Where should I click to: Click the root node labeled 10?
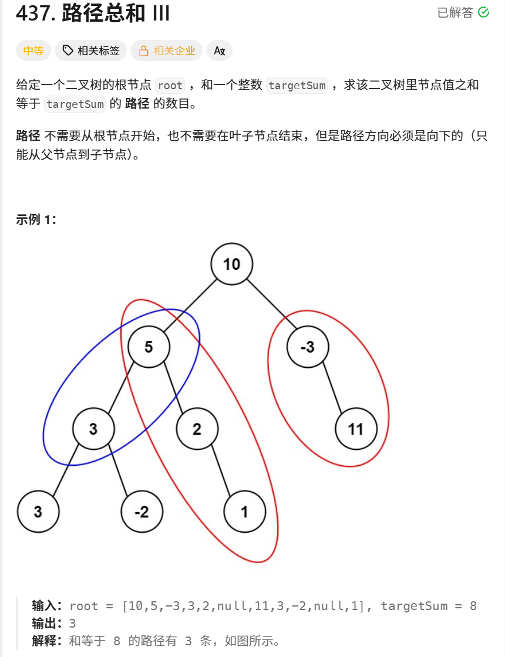coord(232,264)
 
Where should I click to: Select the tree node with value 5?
coord(149,347)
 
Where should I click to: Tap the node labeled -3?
coord(308,347)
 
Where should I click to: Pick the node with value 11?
coord(356,429)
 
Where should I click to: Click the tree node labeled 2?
coord(197,429)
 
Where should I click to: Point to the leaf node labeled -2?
coord(142,512)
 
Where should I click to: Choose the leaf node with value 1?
coord(244,512)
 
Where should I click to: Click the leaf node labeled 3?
coord(38,512)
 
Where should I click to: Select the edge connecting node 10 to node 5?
coord(190,306)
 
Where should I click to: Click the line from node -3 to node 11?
coord(332,388)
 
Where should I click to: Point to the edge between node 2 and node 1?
coord(221,470)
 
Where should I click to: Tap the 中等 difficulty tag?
coord(33,50)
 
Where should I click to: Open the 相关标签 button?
coord(91,50)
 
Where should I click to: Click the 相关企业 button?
coord(167,50)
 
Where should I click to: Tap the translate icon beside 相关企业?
coord(220,50)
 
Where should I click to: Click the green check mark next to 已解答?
coord(484,12)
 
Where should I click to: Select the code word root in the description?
coord(170,86)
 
